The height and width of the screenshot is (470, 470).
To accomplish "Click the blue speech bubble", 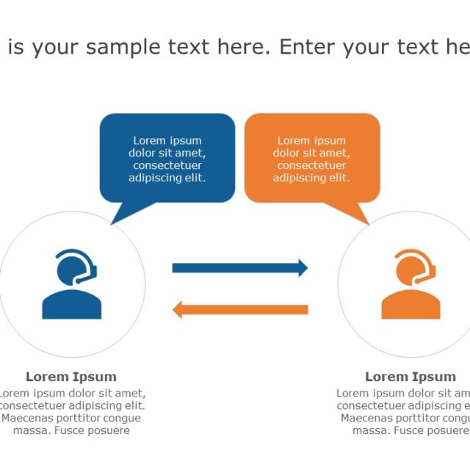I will click(x=167, y=158).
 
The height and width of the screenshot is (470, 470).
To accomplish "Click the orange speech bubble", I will click(x=312, y=158).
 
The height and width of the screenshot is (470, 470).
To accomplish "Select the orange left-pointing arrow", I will click(x=239, y=309).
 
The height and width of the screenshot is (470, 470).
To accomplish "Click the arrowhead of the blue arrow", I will click(x=302, y=268).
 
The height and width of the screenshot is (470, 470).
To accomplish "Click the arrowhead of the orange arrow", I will click(x=178, y=309).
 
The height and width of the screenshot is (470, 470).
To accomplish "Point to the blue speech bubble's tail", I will click(x=119, y=213).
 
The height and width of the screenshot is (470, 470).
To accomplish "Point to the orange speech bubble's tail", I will click(x=360, y=213).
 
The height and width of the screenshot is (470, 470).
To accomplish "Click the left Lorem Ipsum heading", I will click(x=71, y=377).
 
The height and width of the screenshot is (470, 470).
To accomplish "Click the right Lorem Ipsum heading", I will click(x=411, y=377).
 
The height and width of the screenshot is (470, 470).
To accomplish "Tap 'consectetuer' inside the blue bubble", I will click(x=167, y=165).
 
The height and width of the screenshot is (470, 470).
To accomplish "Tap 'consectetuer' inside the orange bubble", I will click(x=312, y=165).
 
